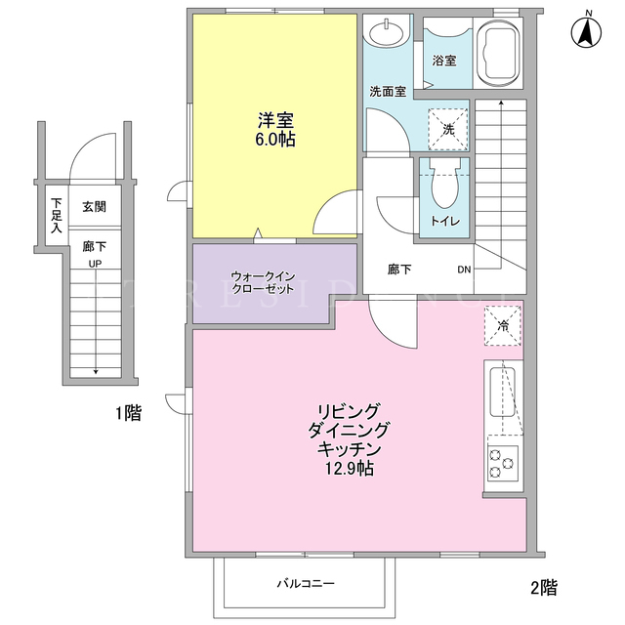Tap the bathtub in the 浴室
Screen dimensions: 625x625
[499, 53]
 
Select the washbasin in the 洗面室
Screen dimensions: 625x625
[387, 32]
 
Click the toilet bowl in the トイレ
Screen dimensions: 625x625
[444, 184]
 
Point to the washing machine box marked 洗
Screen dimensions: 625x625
[448, 129]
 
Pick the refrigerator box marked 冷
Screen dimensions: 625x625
[502, 325]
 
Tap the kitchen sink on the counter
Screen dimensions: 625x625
[502, 393]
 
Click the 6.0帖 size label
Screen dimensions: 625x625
[275, 140]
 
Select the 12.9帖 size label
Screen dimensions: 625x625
[350, 469]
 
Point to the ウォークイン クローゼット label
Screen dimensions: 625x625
[264, 282]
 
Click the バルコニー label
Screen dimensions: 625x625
[306, 584]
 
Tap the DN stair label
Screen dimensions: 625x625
[464, 270]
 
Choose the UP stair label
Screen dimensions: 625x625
[95, 264]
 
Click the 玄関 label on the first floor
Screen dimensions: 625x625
[94, 207]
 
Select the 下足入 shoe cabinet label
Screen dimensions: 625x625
[57, 215]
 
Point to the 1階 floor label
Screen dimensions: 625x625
[128, 413]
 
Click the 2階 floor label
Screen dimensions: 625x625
[544, 588]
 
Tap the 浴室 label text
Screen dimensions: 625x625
[444, 61]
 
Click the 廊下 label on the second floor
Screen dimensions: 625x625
[399, 270]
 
